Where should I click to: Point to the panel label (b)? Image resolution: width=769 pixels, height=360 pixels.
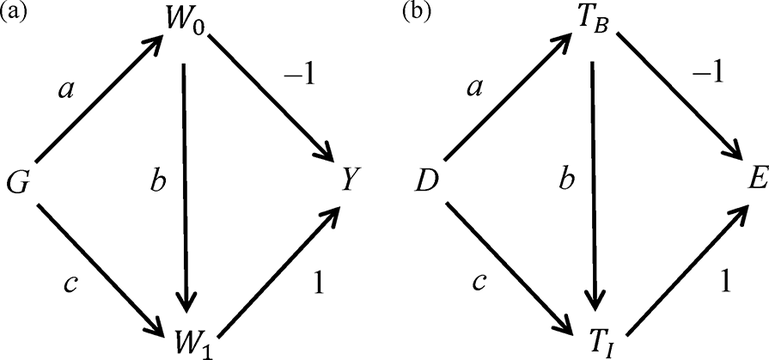click(x=417, y=13)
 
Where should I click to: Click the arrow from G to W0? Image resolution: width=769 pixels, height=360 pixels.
click(x=100, y=100)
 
